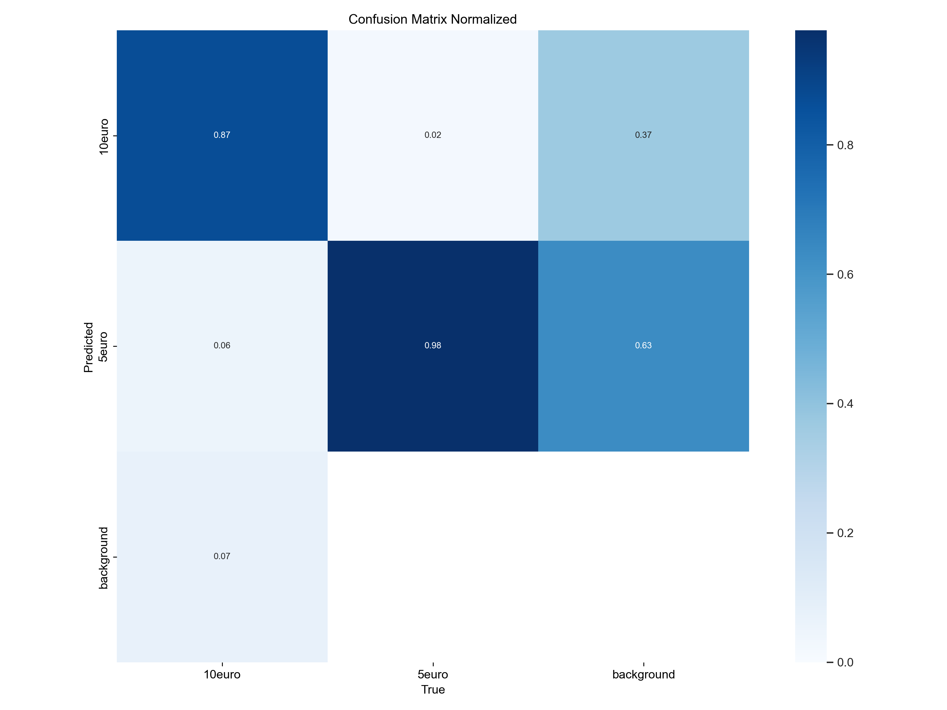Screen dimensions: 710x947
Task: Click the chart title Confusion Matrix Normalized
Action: coord(432,19)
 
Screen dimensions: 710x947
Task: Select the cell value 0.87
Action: coord(222,135)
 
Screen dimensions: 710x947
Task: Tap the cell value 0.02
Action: coord(433,135)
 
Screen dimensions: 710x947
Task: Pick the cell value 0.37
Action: coord(643,135)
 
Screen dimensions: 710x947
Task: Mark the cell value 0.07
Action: coord(222,556)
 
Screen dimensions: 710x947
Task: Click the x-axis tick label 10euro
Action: coord(222,675)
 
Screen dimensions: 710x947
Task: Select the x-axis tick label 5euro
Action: coord(433,675)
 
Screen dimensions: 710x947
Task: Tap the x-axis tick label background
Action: coord(643,675)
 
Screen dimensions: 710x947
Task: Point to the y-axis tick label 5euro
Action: coord(103,347)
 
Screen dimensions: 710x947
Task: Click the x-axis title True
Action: coord(433,690)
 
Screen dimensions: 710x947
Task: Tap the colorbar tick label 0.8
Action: coord(845,145)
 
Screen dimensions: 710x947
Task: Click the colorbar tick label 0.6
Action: coord(845,275)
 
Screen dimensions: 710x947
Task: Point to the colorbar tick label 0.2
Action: coord(845,533)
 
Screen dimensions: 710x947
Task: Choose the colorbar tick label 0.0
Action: coord(845,662)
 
